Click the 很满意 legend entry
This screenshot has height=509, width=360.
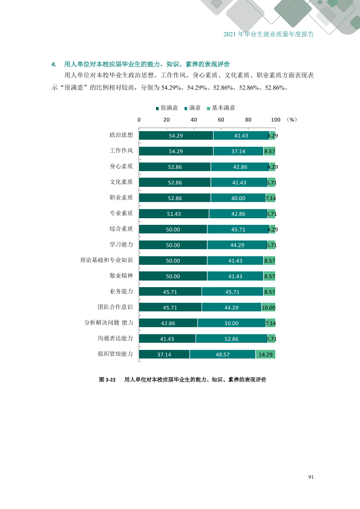[x=167, y=108]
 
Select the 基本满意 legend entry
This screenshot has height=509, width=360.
[x=221, y=108]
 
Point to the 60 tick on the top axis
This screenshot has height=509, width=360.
[x=221, y=120]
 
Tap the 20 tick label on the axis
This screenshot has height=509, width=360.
[x=166, y=120]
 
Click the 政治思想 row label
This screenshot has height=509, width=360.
[x=121, y=135]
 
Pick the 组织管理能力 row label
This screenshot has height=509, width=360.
[x=116, y=354]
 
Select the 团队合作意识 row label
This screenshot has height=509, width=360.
[x=116, y=307]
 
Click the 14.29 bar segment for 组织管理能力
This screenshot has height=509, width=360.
[x=266, y=354]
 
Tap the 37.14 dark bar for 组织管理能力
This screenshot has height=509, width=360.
[x=165, y=354]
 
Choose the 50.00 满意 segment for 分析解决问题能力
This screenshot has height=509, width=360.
[x=232, y=323]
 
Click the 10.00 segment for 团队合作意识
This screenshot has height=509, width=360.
[x=269, y=308]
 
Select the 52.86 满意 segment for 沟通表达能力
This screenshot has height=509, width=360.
[x=232, y=339]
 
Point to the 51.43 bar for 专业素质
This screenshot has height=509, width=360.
[x=174, y=214]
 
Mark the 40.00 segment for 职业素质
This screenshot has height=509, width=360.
[x=238, y=198]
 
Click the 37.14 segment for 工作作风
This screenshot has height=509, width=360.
[x=238, y=151]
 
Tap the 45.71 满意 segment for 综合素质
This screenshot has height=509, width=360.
[x=238, y=230]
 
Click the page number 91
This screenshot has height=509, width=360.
[x=311, y=477]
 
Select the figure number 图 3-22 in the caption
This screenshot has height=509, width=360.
[x=107, y=380]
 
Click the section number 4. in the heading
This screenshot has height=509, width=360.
[x=54, y=64]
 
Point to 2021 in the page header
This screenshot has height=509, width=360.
[x=230, y=34]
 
